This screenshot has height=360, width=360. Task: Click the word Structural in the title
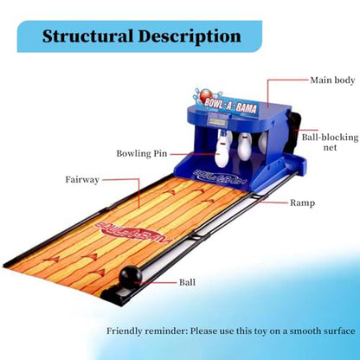click(x=87, y=36)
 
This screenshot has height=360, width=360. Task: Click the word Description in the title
click(x=190, y=37)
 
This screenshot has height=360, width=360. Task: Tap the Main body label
click(x=332, y=80)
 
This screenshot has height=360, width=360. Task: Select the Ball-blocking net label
click(x=330, y=142)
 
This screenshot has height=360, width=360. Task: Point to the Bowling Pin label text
click(x=142, y=153)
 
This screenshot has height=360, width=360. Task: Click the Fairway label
click(x=82, y=180)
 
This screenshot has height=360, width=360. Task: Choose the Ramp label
click(x=302, y=202)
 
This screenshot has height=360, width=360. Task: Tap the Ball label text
click(x=187, y=282)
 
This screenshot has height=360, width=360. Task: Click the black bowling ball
click(x=131, y=278)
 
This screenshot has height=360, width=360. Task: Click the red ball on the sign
click(x=206, y=94)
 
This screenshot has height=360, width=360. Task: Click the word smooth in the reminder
click(x=309, y=331)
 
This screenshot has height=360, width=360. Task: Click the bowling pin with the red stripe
click(x=222, y=150)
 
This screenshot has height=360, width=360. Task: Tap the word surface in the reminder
click(x=343, y=331)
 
